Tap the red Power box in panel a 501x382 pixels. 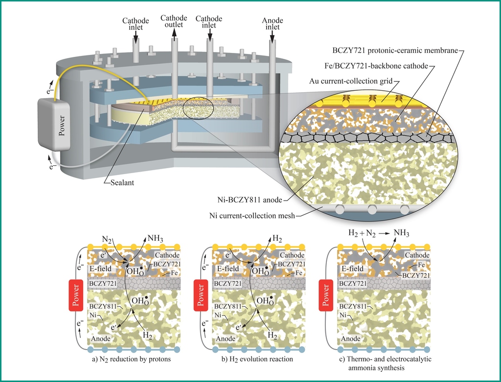pyautogui.click(x=76, y=296)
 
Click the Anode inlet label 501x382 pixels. pyautogui.click(x=273, y=24)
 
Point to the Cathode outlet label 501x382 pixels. pyautogui.click(x=173, y=22)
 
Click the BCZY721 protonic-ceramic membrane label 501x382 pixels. pyautogui.click(x=395, y=50)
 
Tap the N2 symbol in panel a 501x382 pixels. pyautogui.click(x=107, y=240)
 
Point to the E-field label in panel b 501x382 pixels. pyautogui.click(x=226, y=268)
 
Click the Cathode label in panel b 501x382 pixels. pyautogui.click(x=292, y=255)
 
